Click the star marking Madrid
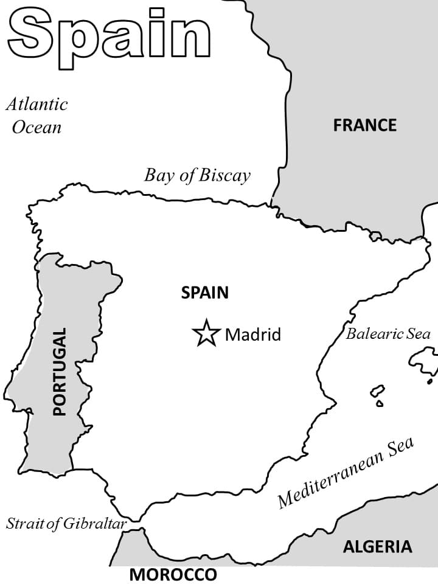click(x=206, y=333)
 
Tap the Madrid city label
click(x=253, y=335)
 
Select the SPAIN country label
click(x=205, y=293)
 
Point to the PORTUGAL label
click(x=59, y=372)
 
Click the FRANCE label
click(x=364, y=125)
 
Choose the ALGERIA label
click(x=377, y=546)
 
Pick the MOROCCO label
click(x=173, y=574)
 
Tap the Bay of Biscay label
click(x=197, y=176)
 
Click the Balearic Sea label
click(x=388, y=333)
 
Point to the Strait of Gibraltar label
click(x=66, y=523)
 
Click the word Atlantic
click(x=36, y=104)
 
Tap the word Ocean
click(x=37, y=127)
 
